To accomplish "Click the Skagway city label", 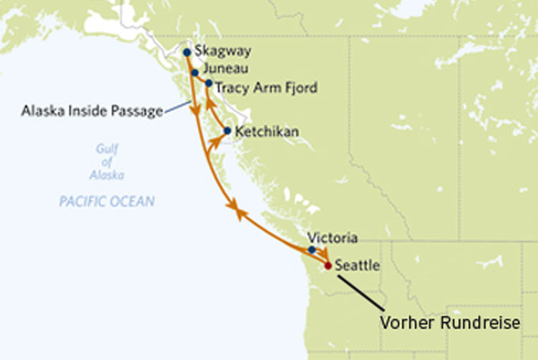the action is (223, 52).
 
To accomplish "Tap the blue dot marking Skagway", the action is (187, 52).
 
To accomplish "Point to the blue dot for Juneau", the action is (195, 72).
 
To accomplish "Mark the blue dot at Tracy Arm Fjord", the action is (209, 83).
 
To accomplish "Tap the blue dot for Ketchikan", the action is (228, 131).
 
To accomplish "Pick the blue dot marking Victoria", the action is (312, 250).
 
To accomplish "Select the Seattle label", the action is (358, 266).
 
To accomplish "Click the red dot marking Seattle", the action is (328, 266).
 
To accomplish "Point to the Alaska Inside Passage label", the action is (93, 111).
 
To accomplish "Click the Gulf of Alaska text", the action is (106, 162).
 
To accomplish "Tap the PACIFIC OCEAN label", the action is (107, 202).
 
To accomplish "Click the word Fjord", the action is (300, 88).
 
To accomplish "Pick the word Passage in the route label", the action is (136, 111).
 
